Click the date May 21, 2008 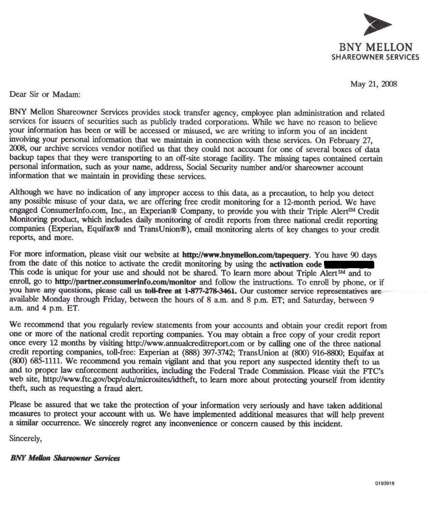pyautogui.click(x=373, y=84)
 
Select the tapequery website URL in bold pyautogui.click(x=246, y=255)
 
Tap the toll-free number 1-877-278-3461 pyautogui.click(x=210, y=291)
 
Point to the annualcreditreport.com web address pyautogui.click(x=185, y=344)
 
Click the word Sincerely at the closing pyautogui.click(x=25, y=439)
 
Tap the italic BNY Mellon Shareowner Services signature pyautogui.click(x=65, y=458)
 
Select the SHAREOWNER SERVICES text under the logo pyautogui.click(x=375, y=57)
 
